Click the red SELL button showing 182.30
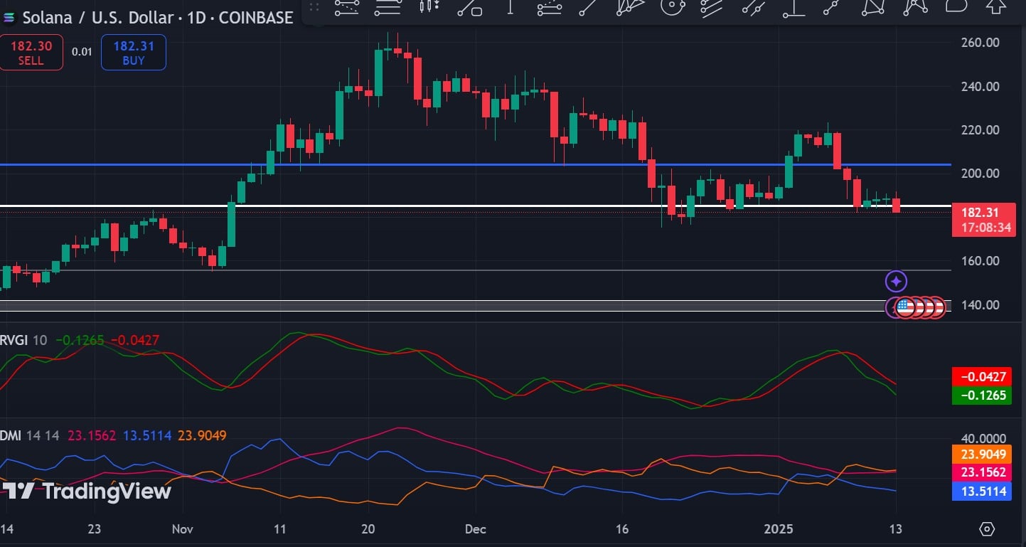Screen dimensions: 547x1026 point(31,53)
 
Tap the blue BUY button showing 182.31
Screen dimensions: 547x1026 point(133,53)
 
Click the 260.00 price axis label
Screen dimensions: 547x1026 point(980,43)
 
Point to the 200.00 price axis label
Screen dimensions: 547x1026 point(980,174)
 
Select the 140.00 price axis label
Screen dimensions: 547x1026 point(980,305)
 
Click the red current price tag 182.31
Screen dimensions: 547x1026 point(983,220)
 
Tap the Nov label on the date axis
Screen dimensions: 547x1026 point(182,529)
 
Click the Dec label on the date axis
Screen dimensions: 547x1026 point(475,529)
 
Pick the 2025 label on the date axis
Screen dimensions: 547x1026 point(779,529)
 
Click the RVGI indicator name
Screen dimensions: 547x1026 point(14,341)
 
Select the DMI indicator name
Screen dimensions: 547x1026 point(10,435)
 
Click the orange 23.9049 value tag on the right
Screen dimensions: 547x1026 point(983,455)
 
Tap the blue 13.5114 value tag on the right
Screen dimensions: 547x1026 point(983,491)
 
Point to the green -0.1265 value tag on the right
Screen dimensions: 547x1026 point(983,395)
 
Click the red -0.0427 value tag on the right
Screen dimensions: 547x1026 point(983,377)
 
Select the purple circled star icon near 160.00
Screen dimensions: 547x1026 point(896,282)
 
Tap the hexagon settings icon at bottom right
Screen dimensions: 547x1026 point(987,529)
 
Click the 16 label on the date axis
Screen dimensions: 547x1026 point(622,529)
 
